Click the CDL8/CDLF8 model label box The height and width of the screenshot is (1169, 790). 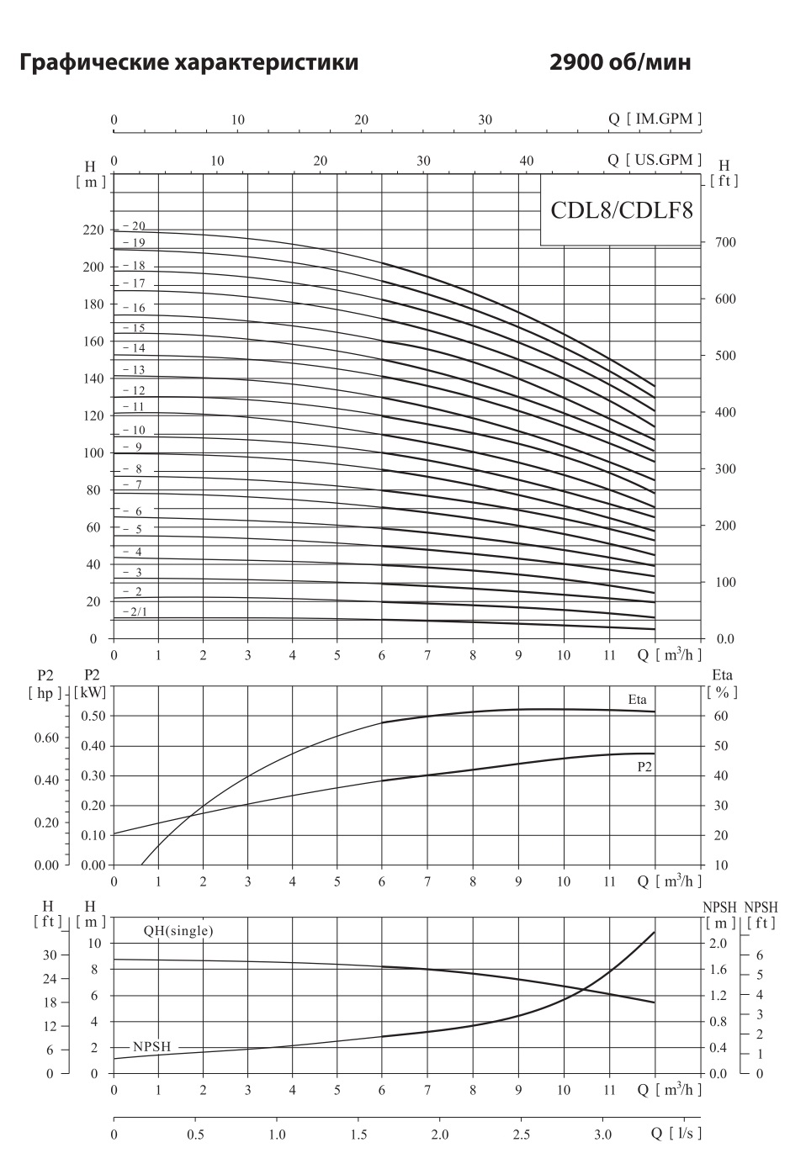coord(621,210)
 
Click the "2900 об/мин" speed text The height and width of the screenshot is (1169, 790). coord(620,63)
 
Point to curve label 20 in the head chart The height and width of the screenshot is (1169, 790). coord(137,226)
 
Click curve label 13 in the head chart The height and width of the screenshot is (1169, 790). coord(137,370)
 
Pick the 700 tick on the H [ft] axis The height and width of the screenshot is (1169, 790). coord(724,243)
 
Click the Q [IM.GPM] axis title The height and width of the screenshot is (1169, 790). coord(655,119)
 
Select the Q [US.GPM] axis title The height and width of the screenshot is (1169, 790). coord(655,160)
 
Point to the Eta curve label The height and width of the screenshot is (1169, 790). coord(637,699)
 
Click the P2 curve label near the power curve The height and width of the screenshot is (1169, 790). coord(645,767)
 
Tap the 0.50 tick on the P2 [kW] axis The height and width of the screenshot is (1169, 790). coord(95,717)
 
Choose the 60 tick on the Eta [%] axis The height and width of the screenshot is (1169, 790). coord(721,717)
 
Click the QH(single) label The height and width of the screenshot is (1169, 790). coord(178,931)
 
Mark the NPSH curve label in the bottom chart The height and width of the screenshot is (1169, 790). coord(151,1047)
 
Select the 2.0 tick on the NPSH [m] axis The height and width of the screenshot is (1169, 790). coord(717,944)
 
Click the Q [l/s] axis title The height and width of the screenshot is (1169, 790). coord(676,1134)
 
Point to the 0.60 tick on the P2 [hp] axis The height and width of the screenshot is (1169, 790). coord(46,738)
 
